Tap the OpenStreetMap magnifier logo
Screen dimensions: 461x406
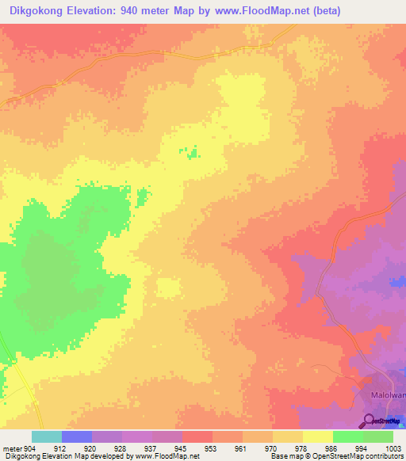[x=369, y=420]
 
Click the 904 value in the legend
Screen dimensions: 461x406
[x=30, y=448]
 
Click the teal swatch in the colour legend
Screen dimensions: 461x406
[x=47, y=436]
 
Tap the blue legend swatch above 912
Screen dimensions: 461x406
[x=77, y=436]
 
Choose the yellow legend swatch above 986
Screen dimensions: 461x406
[x=318, y=436]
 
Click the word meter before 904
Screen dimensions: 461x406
[x=13, y=448]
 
